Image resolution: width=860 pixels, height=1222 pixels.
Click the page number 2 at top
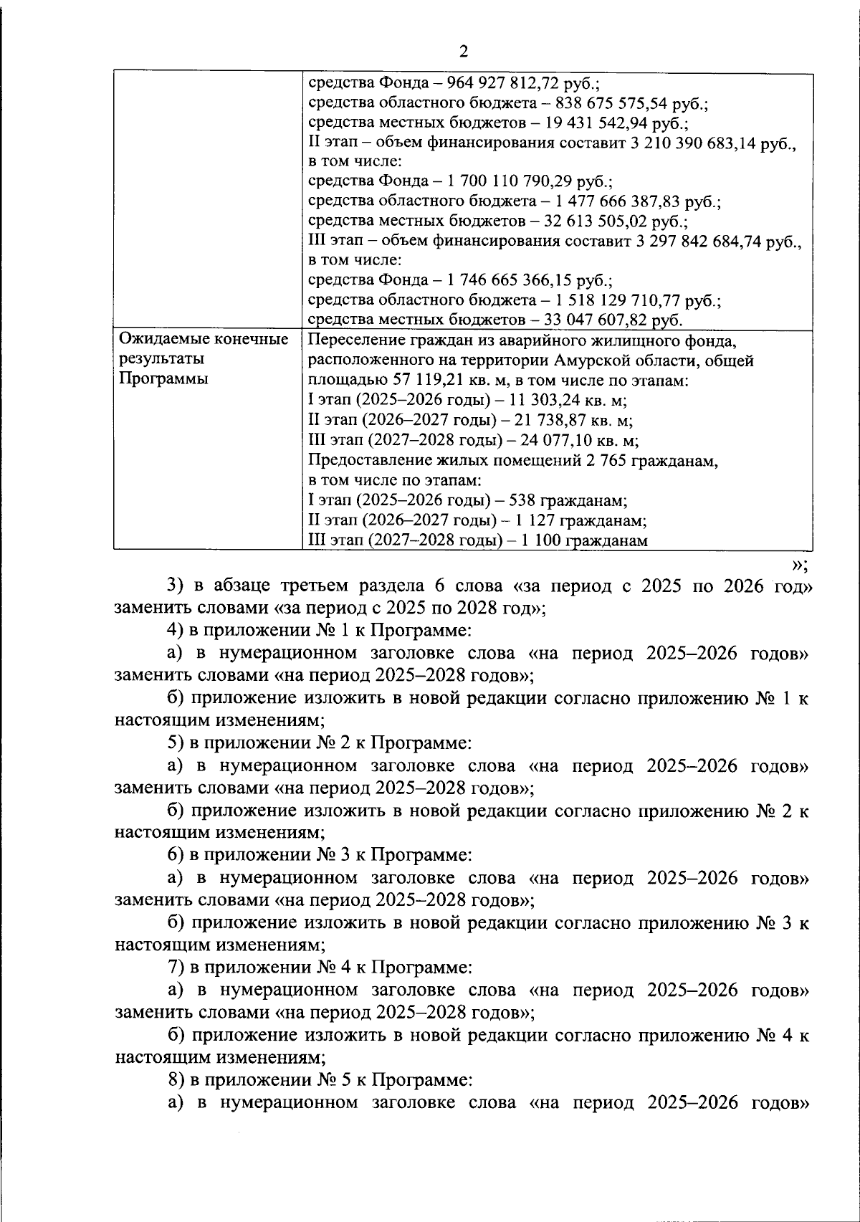pyautogui.click(x=462, y=51)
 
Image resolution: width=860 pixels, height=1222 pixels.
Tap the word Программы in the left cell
pyautogui.click(x=163, y=378)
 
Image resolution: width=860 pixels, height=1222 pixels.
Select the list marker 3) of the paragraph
pyautogui.click(x=176, y=586)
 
